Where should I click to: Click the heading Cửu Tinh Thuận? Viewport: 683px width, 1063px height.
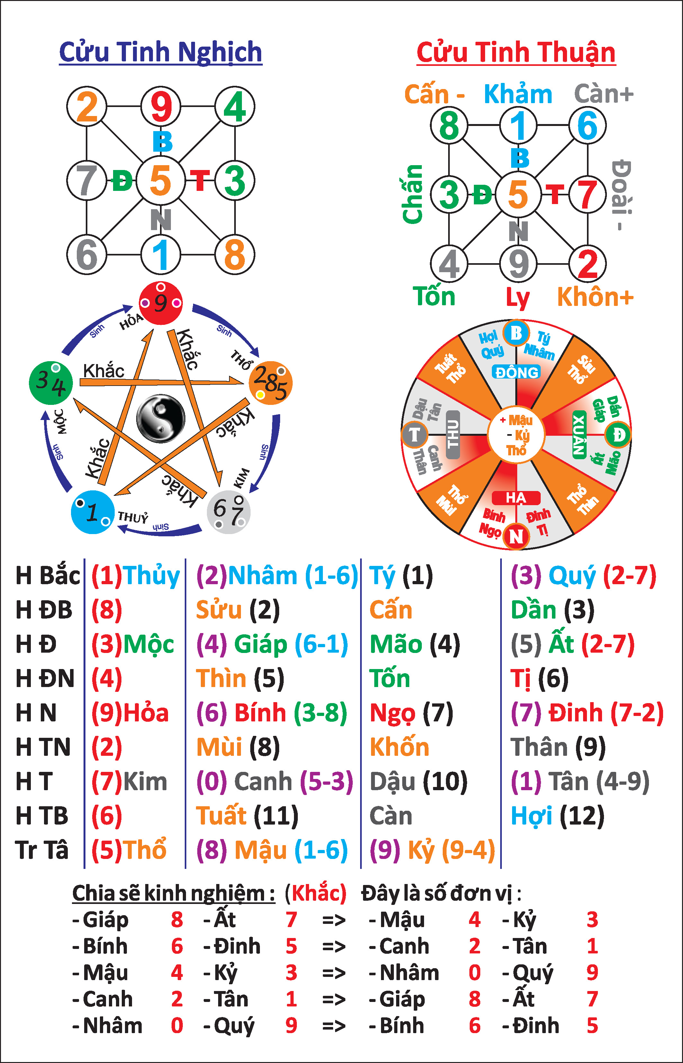pyautogui.click(x=516, y=52)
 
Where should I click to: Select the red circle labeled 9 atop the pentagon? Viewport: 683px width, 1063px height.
pyautogui.click(x=161, y=303)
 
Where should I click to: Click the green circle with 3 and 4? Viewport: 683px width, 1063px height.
pyautogui.click(x=50, y=383)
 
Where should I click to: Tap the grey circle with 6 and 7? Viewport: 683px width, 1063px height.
pyautogui.click(x=228, y=512)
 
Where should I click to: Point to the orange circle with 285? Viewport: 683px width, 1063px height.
pyautogui.click(x=271, y=383)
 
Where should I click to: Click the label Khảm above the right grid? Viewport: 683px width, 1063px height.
pyautogui.click(x=518, y=94)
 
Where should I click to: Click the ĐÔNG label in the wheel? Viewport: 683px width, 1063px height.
pyautogui.click(x=517, y=372)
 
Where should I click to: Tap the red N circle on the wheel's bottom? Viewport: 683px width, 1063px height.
pyautogui.click(x=516, y=536)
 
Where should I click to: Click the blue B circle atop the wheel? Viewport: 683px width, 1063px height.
pyautogui.click(x=516, y=333)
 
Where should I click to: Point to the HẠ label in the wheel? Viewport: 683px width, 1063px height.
pyautogui.click(x=516, y=498)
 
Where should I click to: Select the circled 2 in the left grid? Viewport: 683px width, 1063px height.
pyautogui.click(x=86, y=106)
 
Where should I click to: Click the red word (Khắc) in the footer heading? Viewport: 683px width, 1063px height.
pyautogui.click(x=315, y=893)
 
